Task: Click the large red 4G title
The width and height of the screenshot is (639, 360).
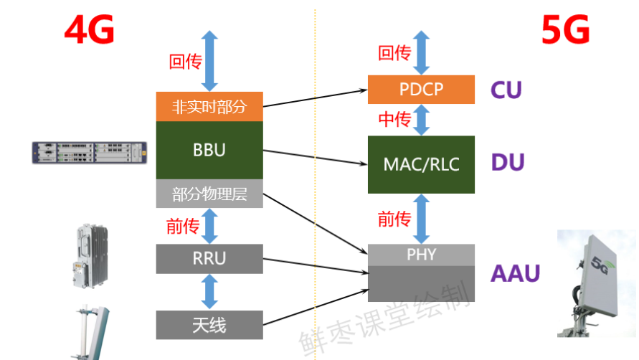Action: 89,30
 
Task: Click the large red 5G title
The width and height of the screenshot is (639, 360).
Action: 566,30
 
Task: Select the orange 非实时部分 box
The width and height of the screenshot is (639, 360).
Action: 209,107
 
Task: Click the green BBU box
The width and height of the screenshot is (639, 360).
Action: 209,150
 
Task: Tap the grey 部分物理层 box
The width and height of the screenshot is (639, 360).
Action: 209,194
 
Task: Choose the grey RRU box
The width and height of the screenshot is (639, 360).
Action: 209,258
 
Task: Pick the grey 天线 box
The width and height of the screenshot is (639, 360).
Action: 209,325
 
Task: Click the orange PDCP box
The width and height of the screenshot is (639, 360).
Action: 421,89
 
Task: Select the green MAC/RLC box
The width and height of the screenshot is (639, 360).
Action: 421,164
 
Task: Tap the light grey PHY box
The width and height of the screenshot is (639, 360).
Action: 421,255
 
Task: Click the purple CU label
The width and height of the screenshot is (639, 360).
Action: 506,90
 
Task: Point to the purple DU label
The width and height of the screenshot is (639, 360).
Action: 508,163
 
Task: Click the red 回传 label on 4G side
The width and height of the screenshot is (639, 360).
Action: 185,62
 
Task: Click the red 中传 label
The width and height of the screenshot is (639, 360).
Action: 394,120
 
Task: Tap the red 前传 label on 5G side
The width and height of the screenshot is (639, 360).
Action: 394,219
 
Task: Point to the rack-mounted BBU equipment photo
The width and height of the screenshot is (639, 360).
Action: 91,152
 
